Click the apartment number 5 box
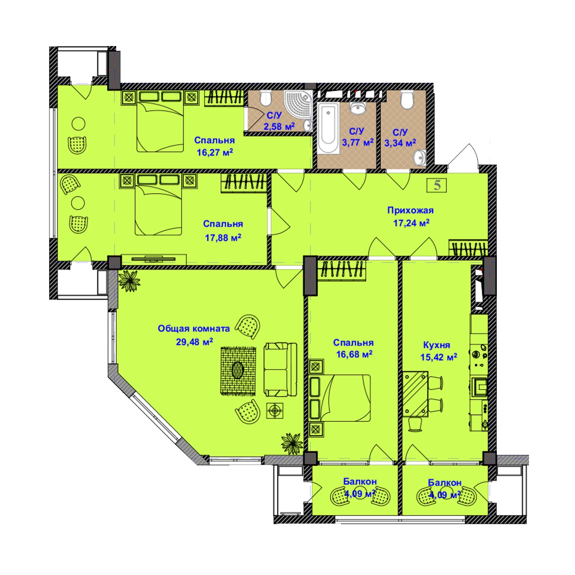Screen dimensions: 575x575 pos(437,185)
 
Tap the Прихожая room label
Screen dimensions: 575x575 pos(410,210)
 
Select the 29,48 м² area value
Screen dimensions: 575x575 pos(194,342)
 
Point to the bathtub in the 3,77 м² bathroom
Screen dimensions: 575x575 pos(329,128)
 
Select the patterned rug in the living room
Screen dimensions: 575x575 pos(238,371)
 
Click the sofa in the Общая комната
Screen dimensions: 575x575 pos(280,369)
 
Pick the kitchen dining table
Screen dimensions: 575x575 pos(415,394)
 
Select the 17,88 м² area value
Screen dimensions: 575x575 pos(223,238)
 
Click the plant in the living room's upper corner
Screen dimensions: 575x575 pos(129,281)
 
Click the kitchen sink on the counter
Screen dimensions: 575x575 pos(479,386)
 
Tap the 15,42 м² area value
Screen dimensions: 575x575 pos(439,357)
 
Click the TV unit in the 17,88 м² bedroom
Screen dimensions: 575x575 pos(153,259)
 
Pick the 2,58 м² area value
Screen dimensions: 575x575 pos(279,126)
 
